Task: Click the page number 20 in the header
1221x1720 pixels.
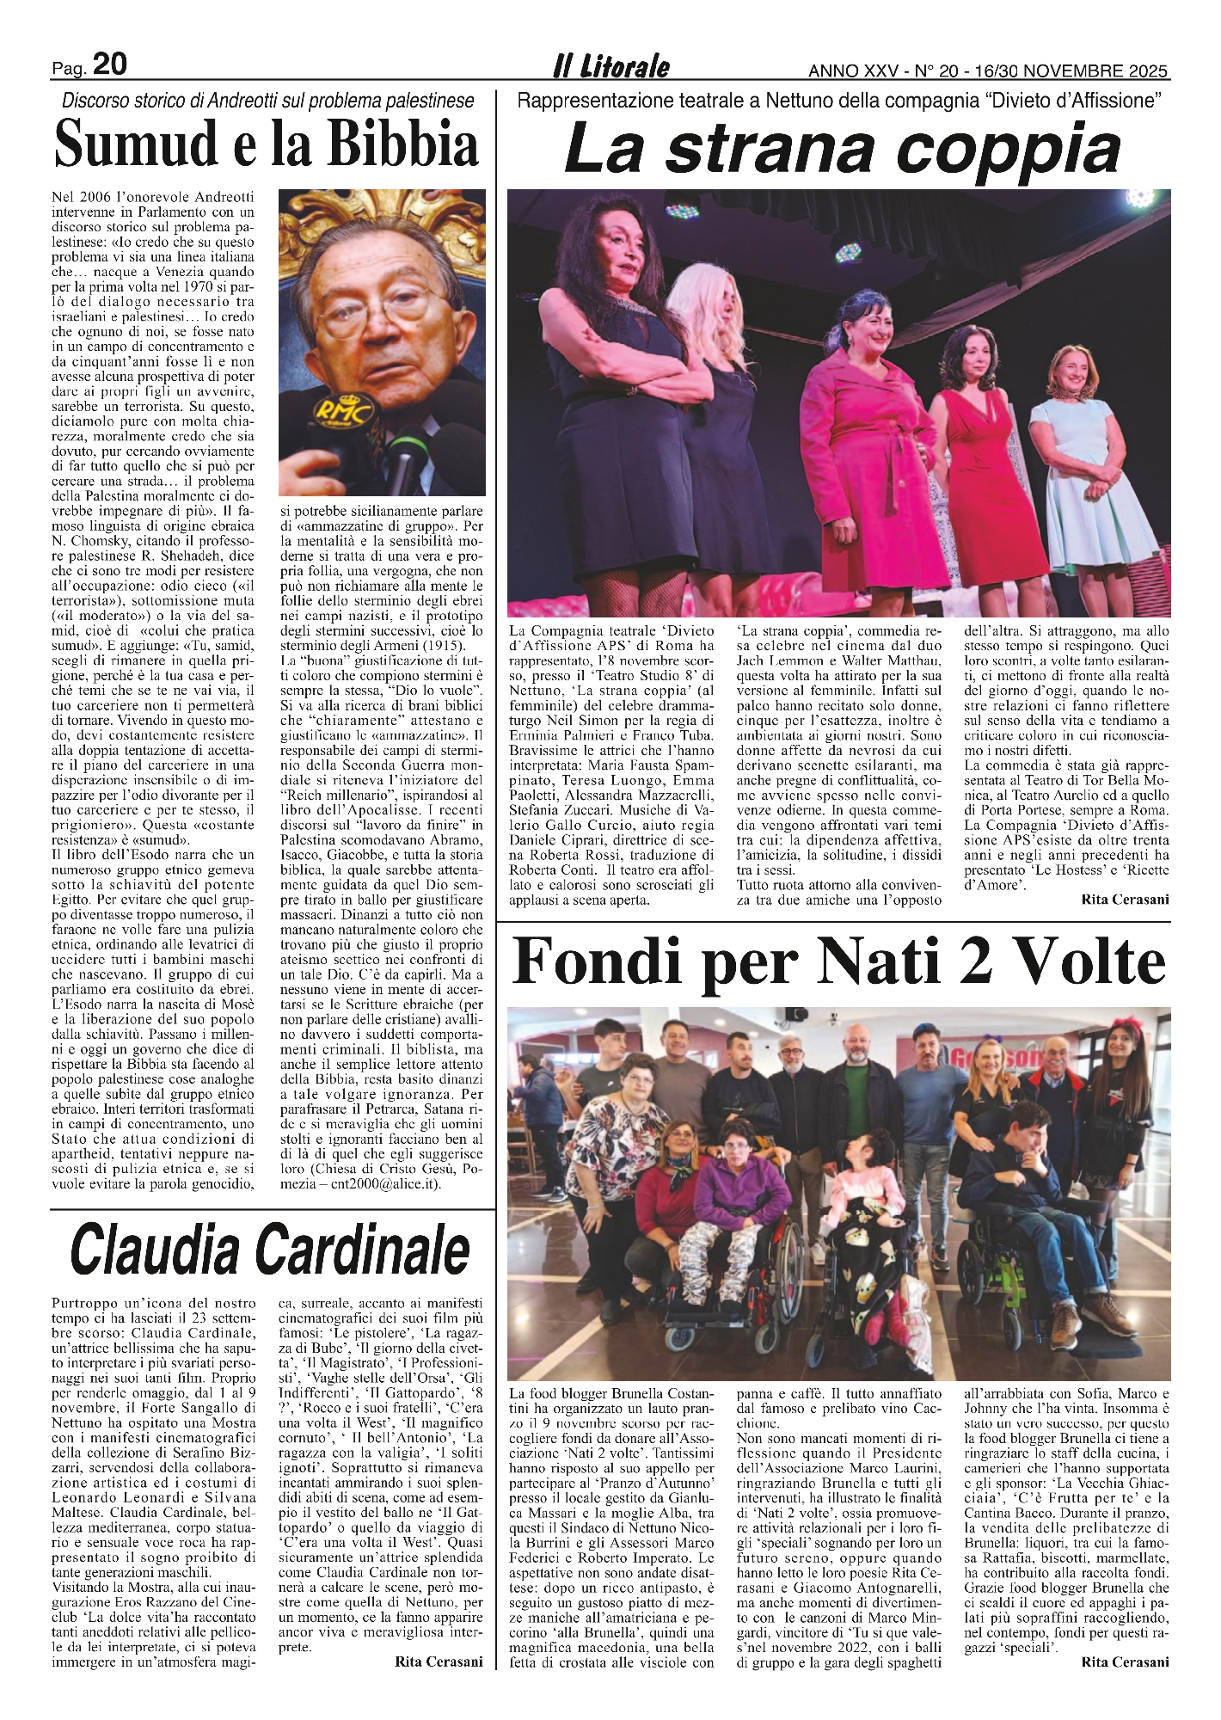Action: click(x=109, y=64)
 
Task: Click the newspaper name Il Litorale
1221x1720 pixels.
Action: click(x=611, y=66)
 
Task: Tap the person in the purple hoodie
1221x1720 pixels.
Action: click(x=745, y=1204)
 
